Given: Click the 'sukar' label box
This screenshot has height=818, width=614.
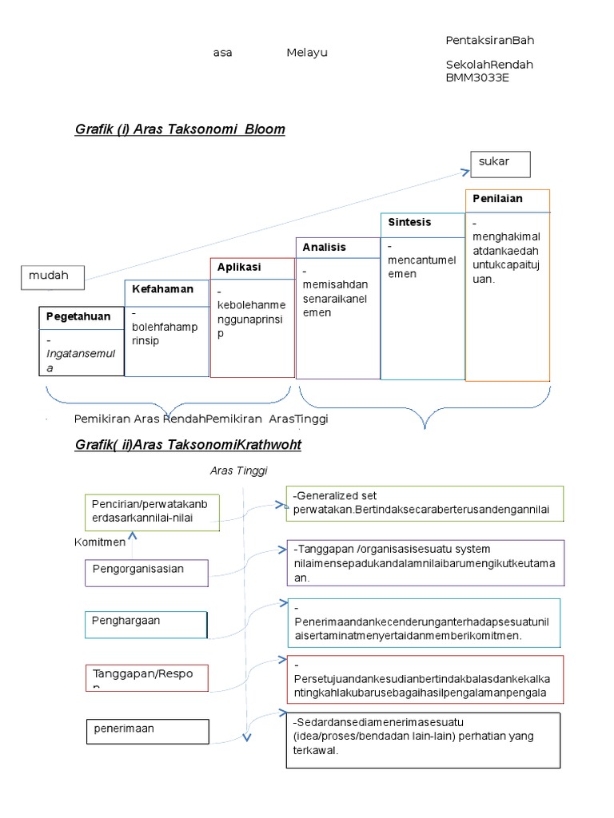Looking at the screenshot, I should tap(500, 163).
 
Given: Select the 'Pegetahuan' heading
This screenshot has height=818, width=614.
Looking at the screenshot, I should tap(78, 317).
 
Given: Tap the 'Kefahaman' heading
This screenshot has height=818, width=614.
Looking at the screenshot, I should tap(163, 289).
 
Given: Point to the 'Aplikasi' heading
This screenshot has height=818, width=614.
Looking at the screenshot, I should tap(239, 268).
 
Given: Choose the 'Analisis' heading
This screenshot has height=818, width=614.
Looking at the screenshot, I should tap(325, 248).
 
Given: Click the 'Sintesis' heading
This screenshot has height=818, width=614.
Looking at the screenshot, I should tap(409, 222).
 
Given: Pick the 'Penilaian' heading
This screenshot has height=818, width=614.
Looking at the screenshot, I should tap(497, 199).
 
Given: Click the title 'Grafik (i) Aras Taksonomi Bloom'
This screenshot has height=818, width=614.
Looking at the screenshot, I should tap(180, 129).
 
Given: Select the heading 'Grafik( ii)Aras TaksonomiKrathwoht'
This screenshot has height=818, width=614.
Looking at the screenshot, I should tap(188, 444).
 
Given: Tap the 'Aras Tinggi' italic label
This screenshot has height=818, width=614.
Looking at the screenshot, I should tap(238, 471).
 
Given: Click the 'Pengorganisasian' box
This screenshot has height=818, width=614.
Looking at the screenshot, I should tap(146, 572).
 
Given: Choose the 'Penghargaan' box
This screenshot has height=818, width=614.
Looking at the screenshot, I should tap(146, 624).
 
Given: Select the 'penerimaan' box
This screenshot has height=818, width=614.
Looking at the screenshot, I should tap(147, 730).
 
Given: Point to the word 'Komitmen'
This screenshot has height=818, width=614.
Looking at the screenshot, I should tap(100, 542).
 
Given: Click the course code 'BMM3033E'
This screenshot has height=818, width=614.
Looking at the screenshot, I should tap(477, 78).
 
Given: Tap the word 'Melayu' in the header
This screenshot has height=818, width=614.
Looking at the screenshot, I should tap(307, 53).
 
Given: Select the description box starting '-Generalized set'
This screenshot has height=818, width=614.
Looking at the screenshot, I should tap(425, 503).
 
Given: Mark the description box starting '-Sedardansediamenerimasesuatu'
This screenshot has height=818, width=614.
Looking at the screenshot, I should tap(423, 740).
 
